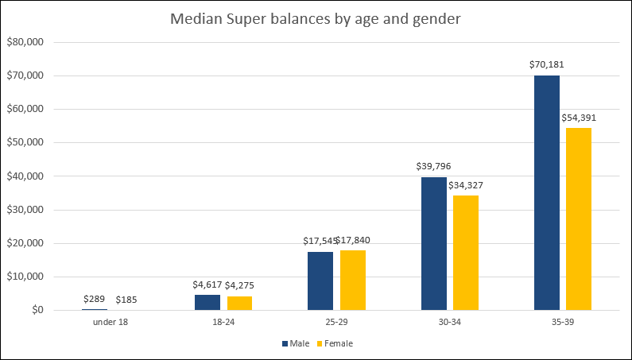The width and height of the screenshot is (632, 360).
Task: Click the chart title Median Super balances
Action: (316, 19)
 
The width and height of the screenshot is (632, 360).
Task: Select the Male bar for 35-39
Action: (547, 192)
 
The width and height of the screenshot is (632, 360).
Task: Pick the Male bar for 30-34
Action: (433, 243)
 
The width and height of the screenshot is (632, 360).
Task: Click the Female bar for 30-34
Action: (466, 253)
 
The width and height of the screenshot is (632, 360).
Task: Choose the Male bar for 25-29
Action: (320, 281)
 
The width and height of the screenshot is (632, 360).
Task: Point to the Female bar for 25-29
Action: (353, 280)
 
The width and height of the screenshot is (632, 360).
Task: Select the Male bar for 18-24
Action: (207, 302)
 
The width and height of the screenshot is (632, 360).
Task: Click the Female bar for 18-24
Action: (239, 303)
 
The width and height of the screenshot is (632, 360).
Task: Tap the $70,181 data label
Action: (547, 64)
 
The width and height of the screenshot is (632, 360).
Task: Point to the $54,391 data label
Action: (579, 118)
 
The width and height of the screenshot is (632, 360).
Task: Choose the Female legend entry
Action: (333, 343)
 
